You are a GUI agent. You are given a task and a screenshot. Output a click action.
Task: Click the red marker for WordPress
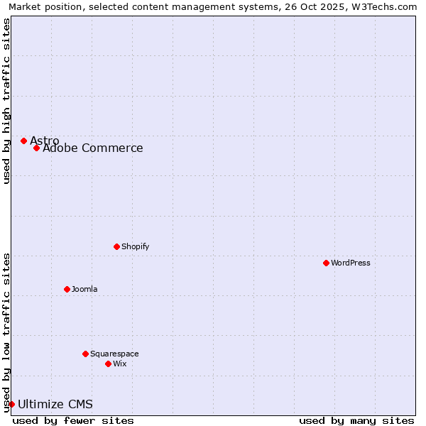point(326,263)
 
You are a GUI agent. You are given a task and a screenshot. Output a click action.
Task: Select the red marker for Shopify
point(116,246)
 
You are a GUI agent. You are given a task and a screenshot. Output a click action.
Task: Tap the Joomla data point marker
point(67,289)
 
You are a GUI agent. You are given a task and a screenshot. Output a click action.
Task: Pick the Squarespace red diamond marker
point(85,354)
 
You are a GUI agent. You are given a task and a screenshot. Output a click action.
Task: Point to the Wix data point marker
point(108,364)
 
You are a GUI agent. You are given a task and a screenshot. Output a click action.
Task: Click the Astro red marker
point(23,141)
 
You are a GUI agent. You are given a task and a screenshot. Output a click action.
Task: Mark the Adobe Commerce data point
point(36,148)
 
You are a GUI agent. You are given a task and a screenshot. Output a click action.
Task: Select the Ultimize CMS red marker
point(11,404)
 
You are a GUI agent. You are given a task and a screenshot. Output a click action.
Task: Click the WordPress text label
point(351,263)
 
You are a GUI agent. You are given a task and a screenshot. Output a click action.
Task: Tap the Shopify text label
point(136,246)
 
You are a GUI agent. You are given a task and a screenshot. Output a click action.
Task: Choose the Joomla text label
point(84,289)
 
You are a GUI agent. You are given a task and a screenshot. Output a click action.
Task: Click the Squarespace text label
point(114,354)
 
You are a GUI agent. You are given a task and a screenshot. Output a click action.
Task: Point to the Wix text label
point(120,364)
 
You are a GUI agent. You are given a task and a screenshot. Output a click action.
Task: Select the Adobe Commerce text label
point(93,148)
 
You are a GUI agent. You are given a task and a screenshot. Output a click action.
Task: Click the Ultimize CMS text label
point(55,405)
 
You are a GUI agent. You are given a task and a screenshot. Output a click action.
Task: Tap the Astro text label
point(45,141)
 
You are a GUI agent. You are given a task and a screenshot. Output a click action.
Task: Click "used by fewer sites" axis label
point(73,420)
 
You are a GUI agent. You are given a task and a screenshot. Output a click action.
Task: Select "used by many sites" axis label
point(356,420)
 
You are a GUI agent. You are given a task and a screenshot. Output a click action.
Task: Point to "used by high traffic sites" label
point(6,101)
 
